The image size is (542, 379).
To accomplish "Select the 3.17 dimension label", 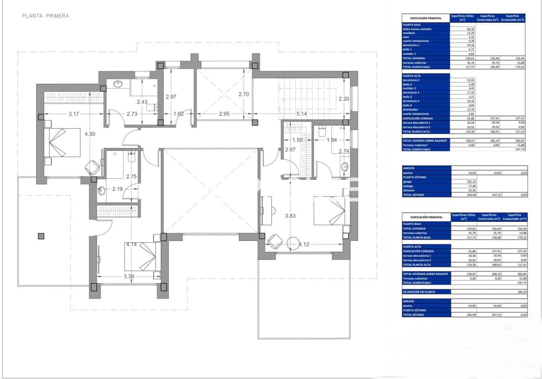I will pyautogui.click(x=74, y=114).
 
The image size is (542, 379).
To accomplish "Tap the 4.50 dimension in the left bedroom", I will pyautogui.click(x=89, y=134).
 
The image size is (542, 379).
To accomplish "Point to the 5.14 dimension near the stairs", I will pyautogui.click(x=302, y=114).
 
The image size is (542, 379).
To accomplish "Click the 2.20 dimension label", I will pyautogui.click(x=344, y=99).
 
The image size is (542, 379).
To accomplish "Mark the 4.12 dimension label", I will pyautogui.click(x=303, y=244).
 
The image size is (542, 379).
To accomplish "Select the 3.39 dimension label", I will pyautogui.click(x=129, y=276).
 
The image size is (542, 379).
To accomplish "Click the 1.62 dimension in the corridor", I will pyautogui.click(x=179, y=114).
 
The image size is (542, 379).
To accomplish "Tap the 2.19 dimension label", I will pyautogui.click(x=118, y=189).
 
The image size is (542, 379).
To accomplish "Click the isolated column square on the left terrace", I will pyautogui.click(x=41, y=236).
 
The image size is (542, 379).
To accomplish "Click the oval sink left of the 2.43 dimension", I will pyautogui.click(x=118, y=84).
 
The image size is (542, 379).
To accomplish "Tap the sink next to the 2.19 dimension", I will pyautogui.click(x=102, y=191).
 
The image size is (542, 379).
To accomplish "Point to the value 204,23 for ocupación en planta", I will pyautogui.click(x=522, y=292).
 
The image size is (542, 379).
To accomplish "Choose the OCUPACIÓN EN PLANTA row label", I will pyautogui.click(x=419, y=292).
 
